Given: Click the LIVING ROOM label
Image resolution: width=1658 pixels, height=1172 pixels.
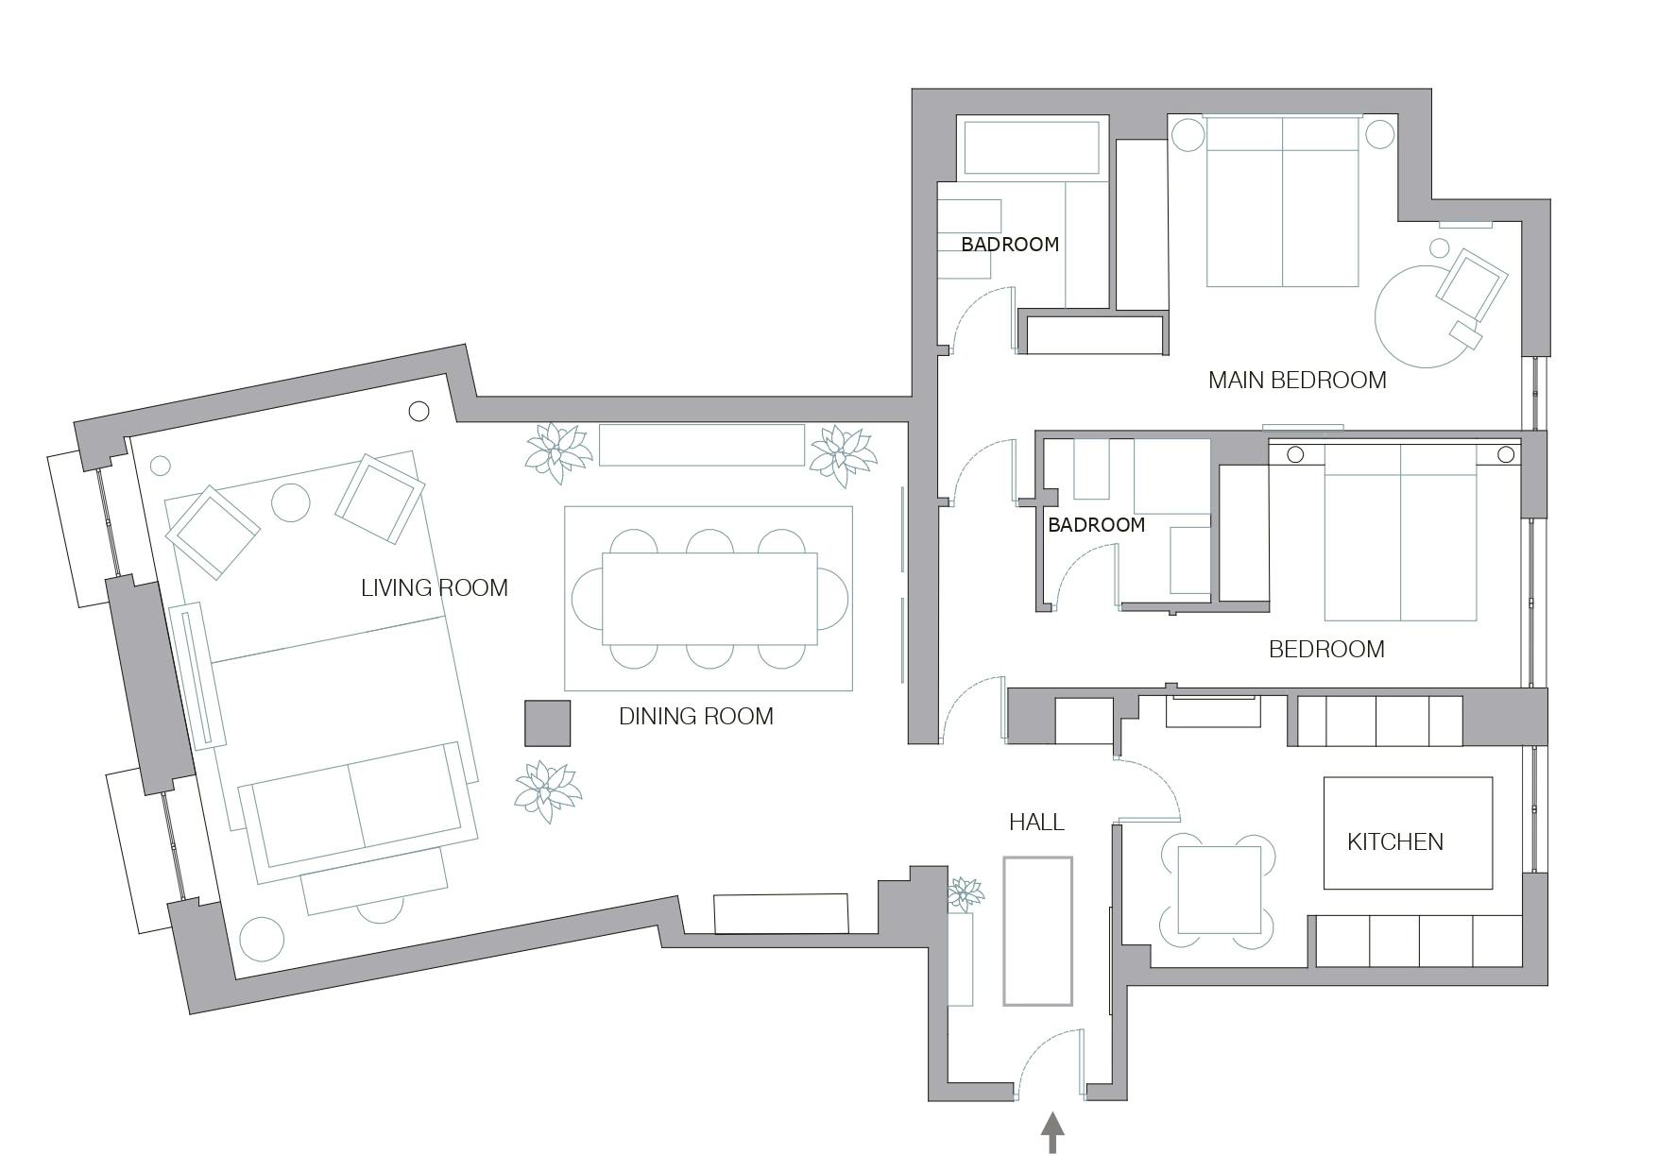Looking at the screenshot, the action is click(435, 588).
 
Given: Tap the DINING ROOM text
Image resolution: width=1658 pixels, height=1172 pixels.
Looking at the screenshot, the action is click(696, 717).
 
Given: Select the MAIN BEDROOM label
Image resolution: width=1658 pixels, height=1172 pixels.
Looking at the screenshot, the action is click(1297, 381).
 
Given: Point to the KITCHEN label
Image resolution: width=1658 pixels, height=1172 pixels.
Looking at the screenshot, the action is click(1395, 842).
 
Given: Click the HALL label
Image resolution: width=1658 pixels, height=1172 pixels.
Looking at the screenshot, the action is click(1036, 823).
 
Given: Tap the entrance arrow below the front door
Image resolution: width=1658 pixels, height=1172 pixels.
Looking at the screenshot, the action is click(1052, 1132).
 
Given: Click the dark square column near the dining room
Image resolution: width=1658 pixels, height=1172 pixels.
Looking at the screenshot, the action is click(548, 723).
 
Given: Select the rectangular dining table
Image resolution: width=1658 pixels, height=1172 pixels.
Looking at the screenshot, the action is click(709, 599).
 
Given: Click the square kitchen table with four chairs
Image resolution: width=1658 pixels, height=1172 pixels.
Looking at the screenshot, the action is click(1219, 891).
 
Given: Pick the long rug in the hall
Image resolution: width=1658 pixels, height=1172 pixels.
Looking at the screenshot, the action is click(1037, 931).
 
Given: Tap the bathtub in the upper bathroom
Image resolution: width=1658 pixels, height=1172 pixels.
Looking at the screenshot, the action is click(1032, 147).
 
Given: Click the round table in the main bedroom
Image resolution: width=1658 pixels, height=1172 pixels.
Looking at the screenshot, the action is click(1422, 315).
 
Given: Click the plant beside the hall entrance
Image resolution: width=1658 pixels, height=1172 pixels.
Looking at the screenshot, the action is click(966, 893).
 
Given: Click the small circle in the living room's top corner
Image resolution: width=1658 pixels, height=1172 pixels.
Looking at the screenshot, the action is click(419, 411).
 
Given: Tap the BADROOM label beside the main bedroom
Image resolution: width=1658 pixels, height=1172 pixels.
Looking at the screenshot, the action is click(1010, 245).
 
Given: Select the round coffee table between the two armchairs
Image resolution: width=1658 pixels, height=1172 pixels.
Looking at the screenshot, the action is click(291, 502).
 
